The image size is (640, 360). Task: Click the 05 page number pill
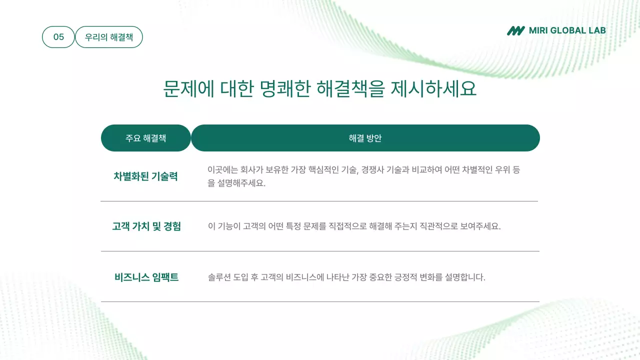coord(58,37)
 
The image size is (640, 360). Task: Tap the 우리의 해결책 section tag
coord(109,37)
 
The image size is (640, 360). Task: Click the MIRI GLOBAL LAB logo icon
coord(516,30)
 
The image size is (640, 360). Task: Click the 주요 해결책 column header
coord(146,138)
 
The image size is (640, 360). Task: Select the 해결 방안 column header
coord(365,138)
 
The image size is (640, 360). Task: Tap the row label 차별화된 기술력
coord(145,176)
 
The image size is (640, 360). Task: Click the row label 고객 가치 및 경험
coord(146,226)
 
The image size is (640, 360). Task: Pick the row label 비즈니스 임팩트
coord(146,277)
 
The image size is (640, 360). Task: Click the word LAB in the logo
coord(597,30)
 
